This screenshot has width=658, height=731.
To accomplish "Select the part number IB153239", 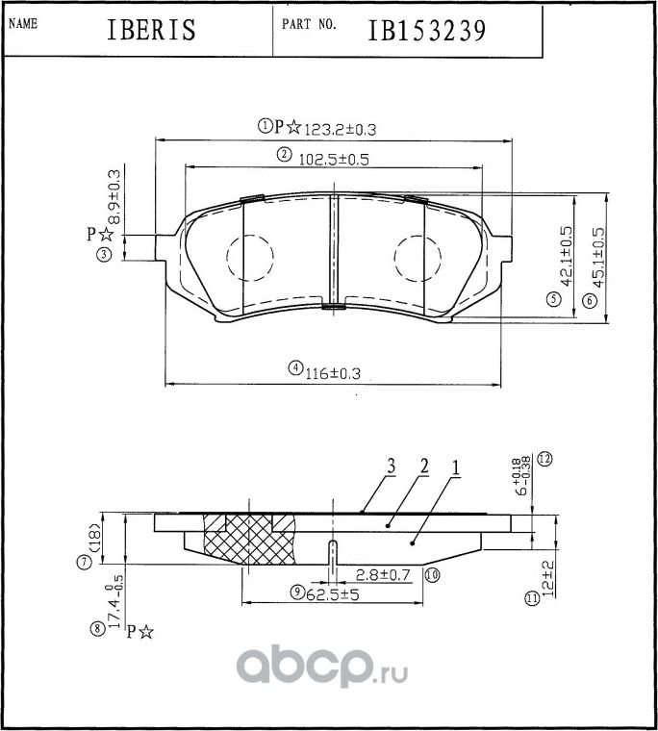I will (x=425, y=30).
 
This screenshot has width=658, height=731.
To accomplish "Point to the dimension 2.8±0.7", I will (x=384, y=574).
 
